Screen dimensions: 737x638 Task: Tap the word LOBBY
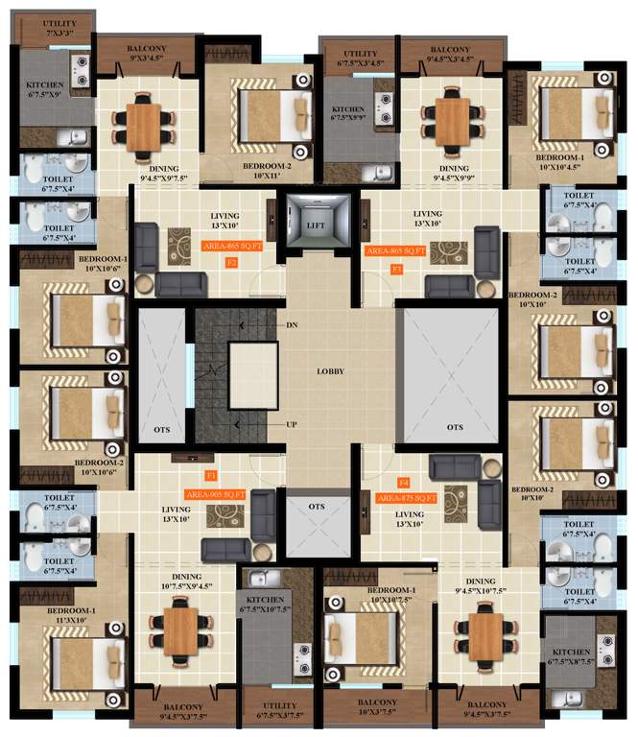331,370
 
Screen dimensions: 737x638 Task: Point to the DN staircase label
292,326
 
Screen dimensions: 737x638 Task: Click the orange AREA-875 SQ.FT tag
408,498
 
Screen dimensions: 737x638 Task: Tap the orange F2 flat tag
231,262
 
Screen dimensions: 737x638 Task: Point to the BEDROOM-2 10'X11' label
253,170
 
